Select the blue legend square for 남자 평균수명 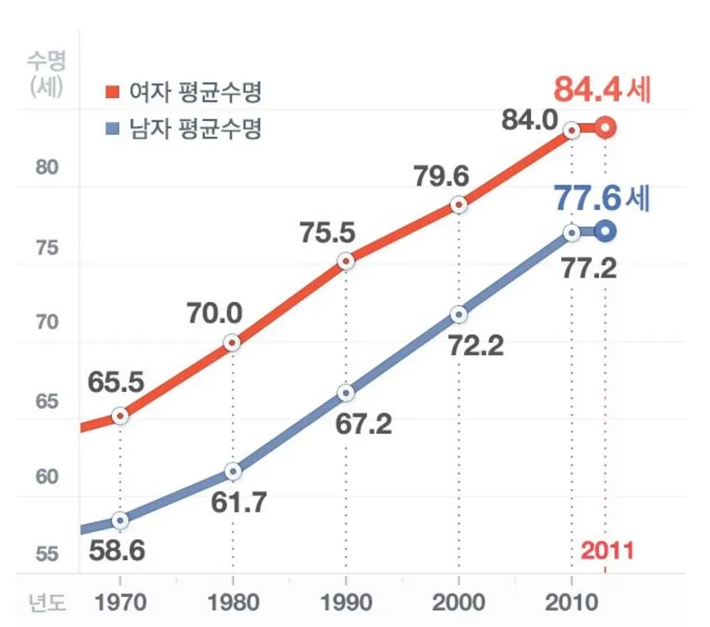(x=110, y=130)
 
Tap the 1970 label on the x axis (x=120, y=603)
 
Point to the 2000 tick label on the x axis (x=458, y=603)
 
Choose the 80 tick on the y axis (x=47, y=167)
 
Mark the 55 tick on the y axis (x=47, y=555)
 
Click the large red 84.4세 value (x=602, y=89)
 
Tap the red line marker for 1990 (x=345, y=262)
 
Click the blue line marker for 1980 (x=232, y=472)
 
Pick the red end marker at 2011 (x=606, y=128)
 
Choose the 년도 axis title (x=47, y=603)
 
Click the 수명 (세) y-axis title (x=47, y=74)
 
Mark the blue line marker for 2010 (x=571, y=232)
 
